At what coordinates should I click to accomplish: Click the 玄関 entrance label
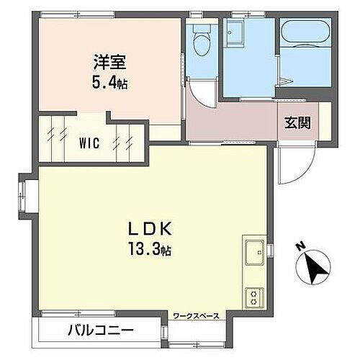click(x=297, y=122)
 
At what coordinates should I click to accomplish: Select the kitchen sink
click(x=254, y=253)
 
